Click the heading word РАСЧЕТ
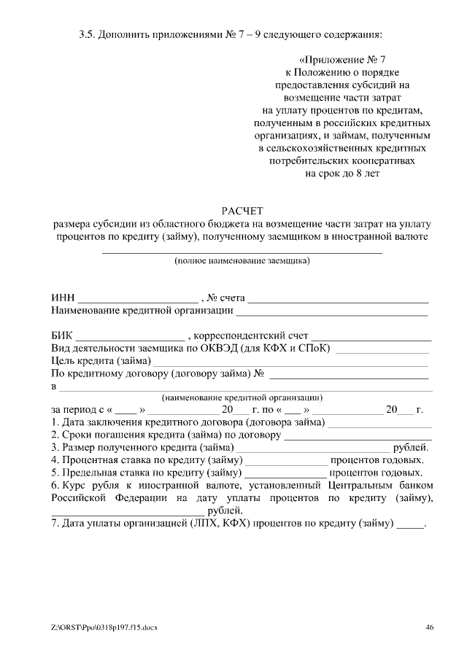(242, 211)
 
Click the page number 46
(430, 626)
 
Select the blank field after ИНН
(138, 300)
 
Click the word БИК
(62, 336)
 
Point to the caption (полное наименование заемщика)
(242, 260)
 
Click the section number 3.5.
(87, 34)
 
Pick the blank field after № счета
(339, 300)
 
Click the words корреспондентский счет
(251, 336)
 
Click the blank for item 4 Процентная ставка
(287, 461)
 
